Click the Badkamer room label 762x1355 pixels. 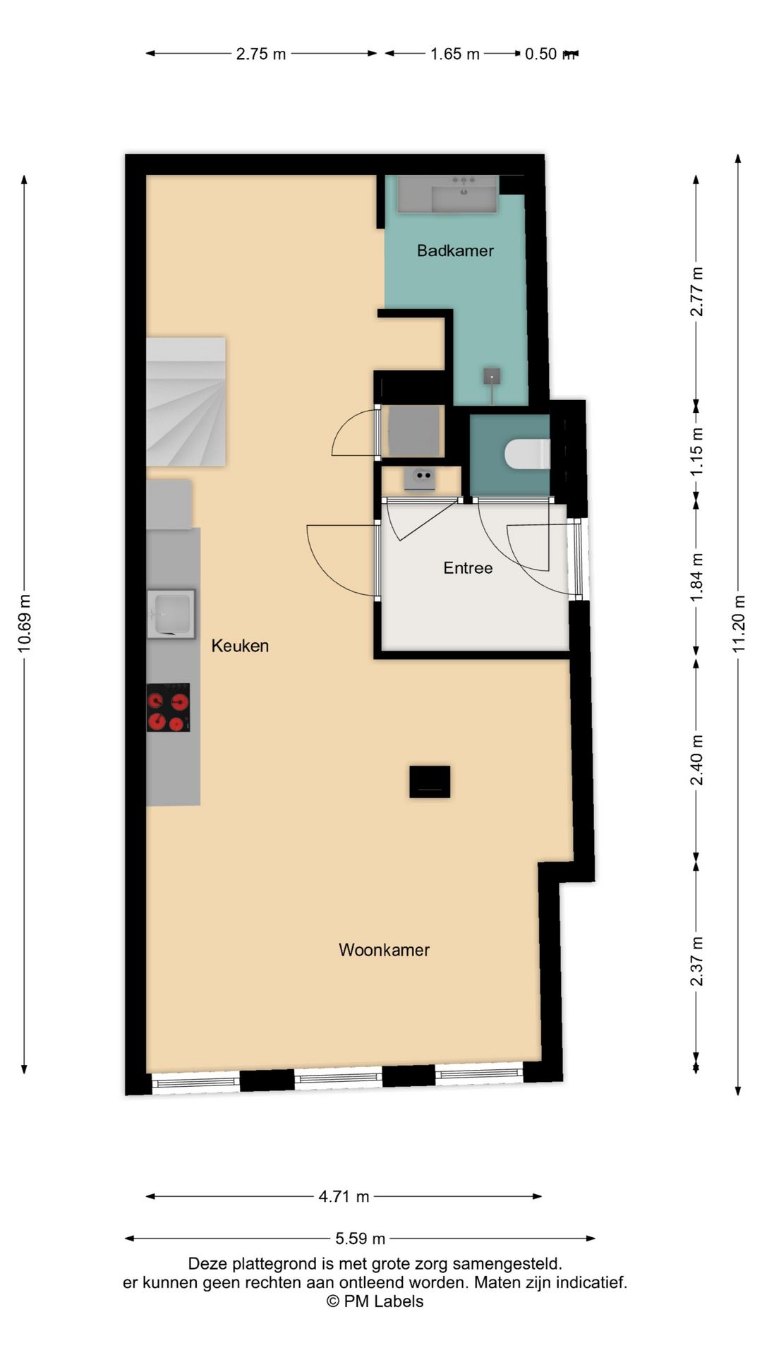point(455,251)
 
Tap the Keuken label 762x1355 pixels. point(240,646)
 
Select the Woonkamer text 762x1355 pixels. point(384,950)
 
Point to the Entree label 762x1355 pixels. point(468,568)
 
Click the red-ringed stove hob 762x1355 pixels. point(168,707)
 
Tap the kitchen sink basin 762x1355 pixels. point(171,614)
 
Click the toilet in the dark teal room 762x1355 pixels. point(528,454)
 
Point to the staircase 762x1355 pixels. point(186,402)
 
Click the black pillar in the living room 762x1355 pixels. point(430,782)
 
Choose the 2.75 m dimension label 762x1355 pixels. point(261,54)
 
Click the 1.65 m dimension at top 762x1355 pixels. point(455,54)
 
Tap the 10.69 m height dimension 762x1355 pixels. point(25,624)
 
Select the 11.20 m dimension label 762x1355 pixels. point(739,624)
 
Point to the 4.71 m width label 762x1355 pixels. point(344,1196)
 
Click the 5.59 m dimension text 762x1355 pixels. point(360,1238)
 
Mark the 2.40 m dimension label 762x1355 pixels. point(696,760)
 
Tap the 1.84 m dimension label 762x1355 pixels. point(696,577)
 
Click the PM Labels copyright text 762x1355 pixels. point(375,1301)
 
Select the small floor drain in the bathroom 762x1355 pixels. point(492,377)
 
